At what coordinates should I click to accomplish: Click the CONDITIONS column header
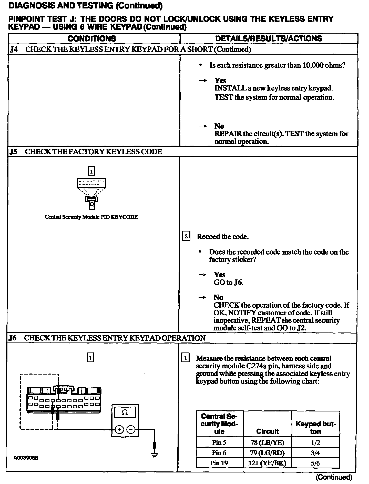(92, 39)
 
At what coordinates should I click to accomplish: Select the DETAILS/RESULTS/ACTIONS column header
(269, 39)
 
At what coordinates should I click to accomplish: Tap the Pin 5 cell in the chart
(219, 442)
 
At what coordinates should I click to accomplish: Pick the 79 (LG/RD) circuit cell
(267, 453)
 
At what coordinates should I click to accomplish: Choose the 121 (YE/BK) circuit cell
(267, 463)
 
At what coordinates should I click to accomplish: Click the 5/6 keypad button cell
(315, 463)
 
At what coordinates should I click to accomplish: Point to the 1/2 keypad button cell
(315, 442)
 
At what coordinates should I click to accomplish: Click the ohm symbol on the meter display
(125, 412)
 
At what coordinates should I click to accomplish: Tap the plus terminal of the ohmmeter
(119, 429)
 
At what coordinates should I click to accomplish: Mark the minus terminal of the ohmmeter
(131, 429)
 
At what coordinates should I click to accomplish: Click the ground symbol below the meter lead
(154, 455)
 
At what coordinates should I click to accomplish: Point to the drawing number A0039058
(26, 458)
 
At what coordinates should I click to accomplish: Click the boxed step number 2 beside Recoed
(186, 236)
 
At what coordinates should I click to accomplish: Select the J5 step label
(14, 152)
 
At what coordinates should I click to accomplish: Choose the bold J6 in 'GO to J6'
(238, 283)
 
